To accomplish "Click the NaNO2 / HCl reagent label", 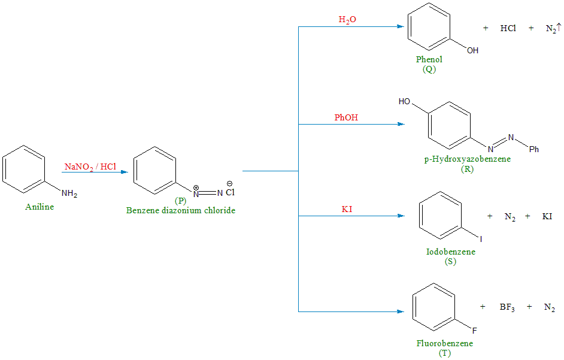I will click(x=90, y=167).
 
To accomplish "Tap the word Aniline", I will click(x=40, y=207).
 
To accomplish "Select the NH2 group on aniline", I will click(x=69, y=194).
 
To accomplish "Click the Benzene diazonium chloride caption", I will click(x=181, y=210).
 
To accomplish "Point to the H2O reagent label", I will click(x=347, y=20).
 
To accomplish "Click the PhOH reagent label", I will click(x=346, y=118).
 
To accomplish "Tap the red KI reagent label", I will click(x=347, y=209).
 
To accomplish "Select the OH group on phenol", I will click(x=473, y=50).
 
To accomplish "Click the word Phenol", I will click(x=429, y=60).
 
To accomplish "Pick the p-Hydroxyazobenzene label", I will click(x=468, y=159).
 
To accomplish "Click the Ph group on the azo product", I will click(x=534, y=149).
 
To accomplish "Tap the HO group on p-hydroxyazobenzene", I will click(x=405, y=102).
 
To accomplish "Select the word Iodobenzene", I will click(x=451, y=252).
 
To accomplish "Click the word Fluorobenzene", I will click(x=445, y=344).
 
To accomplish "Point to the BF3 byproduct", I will click(x=507, y=307).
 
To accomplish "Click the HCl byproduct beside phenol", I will click(x=508, y=29).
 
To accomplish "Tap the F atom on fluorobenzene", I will click(x=475, y=330).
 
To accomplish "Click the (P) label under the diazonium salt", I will click(x=181, y=201).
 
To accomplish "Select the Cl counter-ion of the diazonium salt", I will click(x=231, y=193).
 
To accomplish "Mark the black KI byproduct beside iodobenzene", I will click(x=547, y=216).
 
